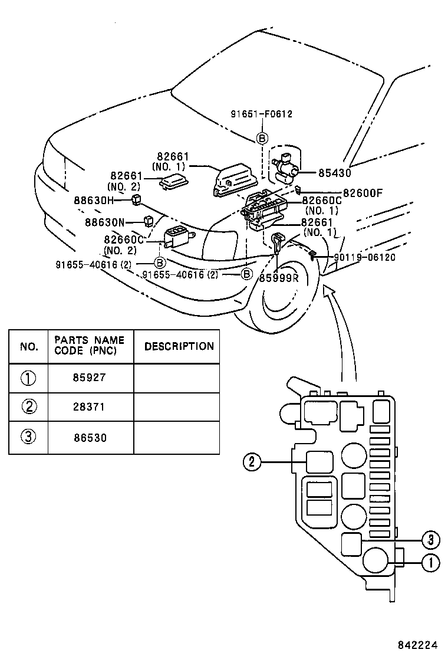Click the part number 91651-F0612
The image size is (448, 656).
pyautogui.click(x=262, y=114)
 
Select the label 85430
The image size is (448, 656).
pyautogui.click(x=334, y=173)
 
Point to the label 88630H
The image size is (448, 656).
pyautogui.click(x=93, y=200)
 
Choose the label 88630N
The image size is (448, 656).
pyautogui.click(x=104, y=222)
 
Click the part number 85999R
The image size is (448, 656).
pyautogui.click(x=279, y=278)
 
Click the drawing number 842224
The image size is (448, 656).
pyautogui.click(x=419, y=644)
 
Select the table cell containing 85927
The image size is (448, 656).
pyautogui.click(x=91, y=378)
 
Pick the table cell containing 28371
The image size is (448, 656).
pyautogui.click(x=91, y=407)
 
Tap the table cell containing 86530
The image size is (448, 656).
pyautogui.click(x=91, y=437)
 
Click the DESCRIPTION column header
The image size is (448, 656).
pyautogui.click(x=179, y=346)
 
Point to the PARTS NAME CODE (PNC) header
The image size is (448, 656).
pyautogui.click(x=90, y=346)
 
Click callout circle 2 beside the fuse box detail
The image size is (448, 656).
pyautogui.click(x=252, y=463)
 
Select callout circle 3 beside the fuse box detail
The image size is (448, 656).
pyautogui.click(x=431, y=539)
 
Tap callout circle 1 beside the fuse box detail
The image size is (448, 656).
pyautogui.click(x=431, y=563)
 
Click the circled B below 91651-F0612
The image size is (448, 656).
pyautogui.click(x=262, y=139)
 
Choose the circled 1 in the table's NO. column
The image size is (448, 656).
pyautogui.click(x=28, y=378)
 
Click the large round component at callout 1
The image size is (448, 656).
pyautogui.click(x=375, y=560)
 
